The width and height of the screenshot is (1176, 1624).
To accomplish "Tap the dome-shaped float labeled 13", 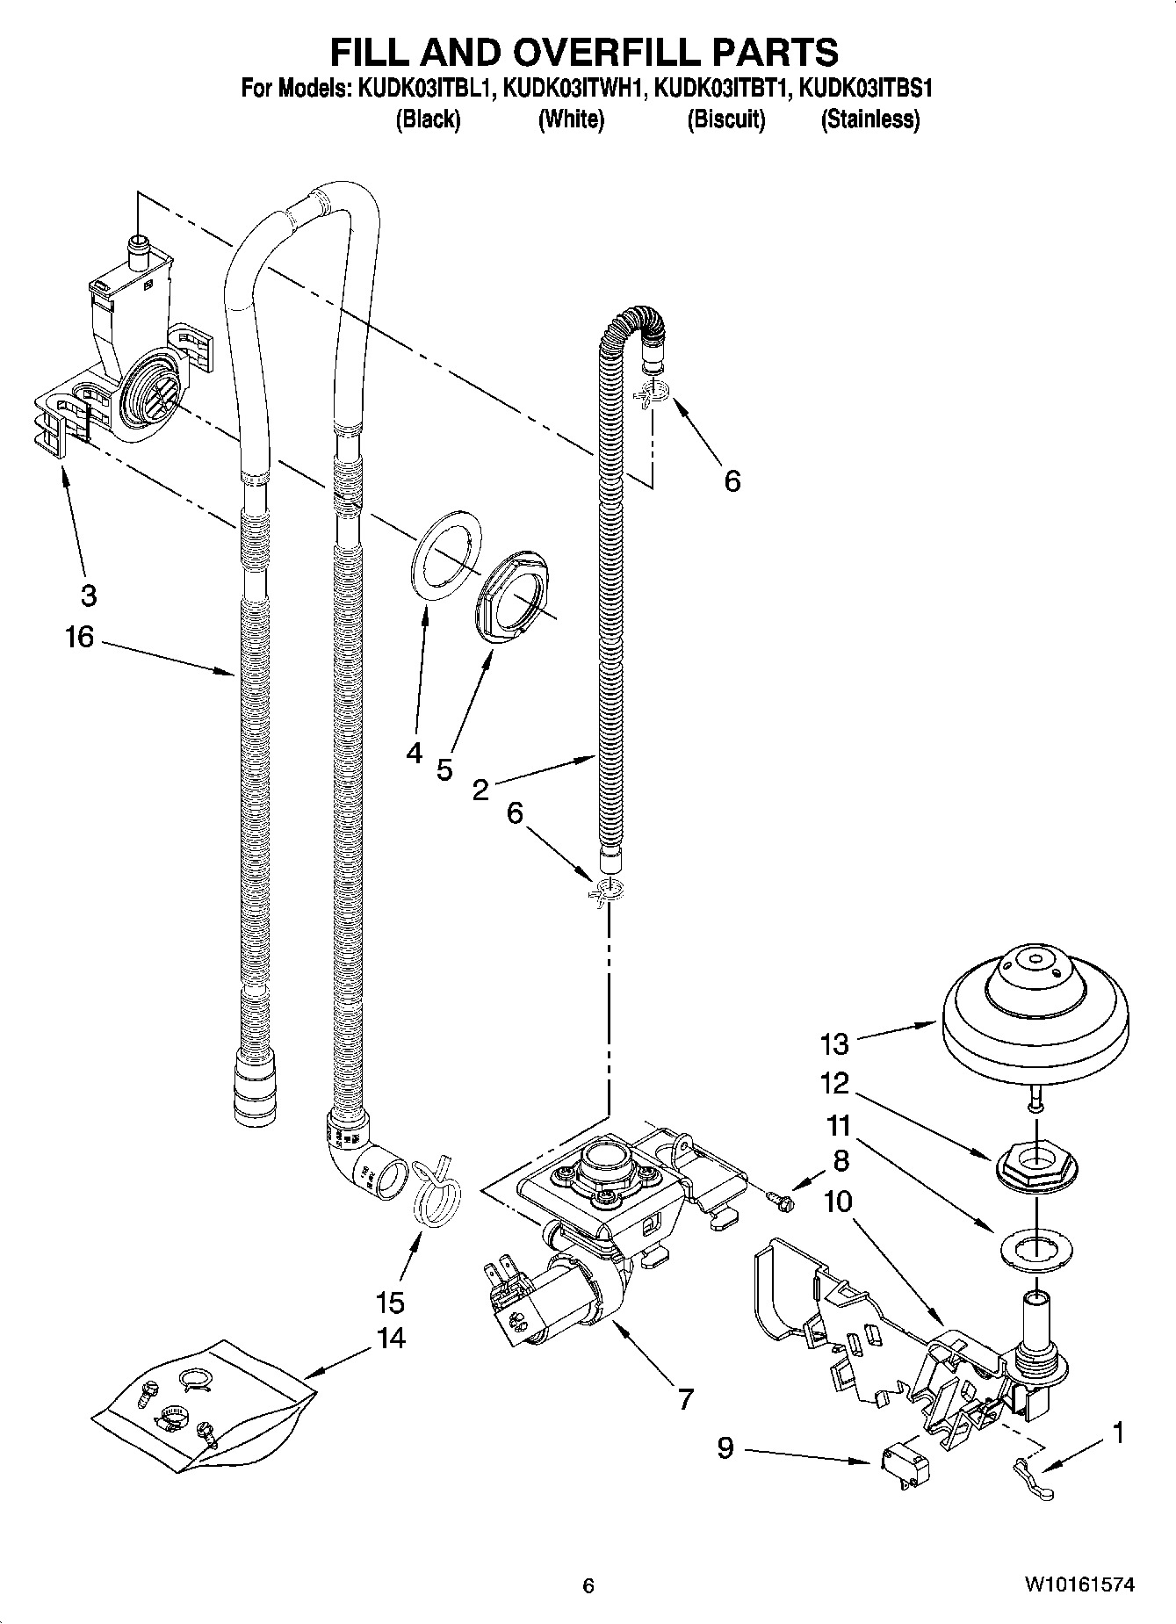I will [x=1034, y=1010].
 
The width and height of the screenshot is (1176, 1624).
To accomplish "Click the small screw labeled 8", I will [x=778, y=1198].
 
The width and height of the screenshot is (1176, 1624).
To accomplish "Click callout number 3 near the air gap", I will [x=88, y=595].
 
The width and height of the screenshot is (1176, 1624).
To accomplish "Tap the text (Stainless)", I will [x=869, y=119].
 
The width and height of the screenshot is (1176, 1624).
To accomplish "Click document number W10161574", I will [x=1078, y=1584].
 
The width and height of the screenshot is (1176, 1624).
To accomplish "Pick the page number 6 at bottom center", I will [x=588, y=1585].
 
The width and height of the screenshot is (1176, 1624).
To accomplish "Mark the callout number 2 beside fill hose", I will [x=480, y=790].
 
